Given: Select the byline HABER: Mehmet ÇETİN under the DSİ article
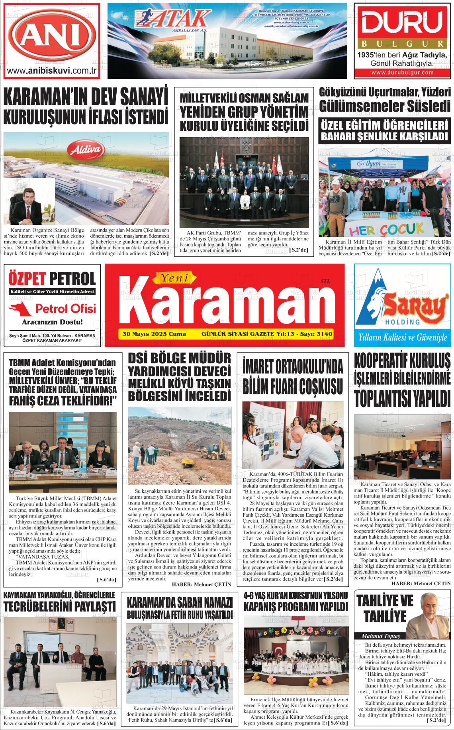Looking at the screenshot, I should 201,584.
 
